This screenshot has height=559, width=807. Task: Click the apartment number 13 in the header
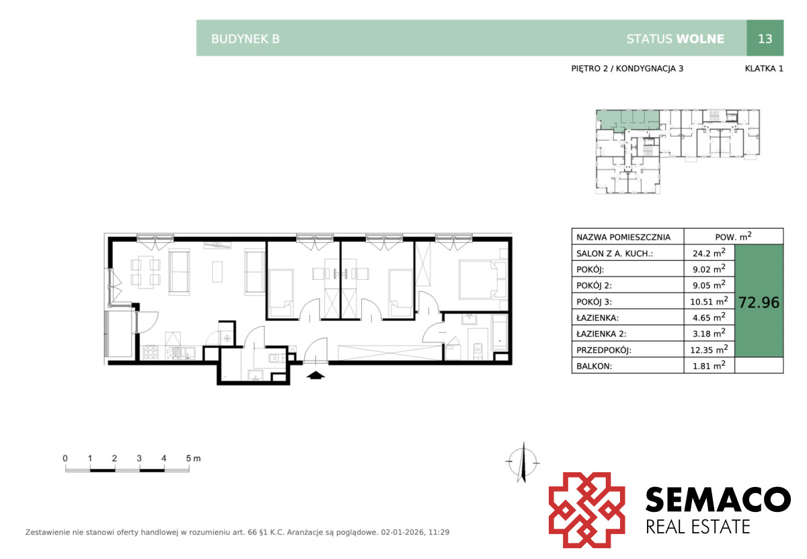pos(765,38)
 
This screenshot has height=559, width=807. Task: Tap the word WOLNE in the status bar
pos(700,39)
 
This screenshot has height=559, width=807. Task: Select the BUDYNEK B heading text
pos(245,39)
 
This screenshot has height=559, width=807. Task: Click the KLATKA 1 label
pos(764,69)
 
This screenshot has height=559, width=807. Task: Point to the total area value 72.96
pos(759,303)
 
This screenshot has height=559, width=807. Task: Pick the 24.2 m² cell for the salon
pos(709,253)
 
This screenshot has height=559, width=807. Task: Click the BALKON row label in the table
pos(594,366)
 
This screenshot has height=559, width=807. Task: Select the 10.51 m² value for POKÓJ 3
pos(709,301)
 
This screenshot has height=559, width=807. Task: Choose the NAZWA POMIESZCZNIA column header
pos(623,237)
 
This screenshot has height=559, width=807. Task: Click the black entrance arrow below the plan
pos(315,375)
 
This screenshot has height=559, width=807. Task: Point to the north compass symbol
pos(523,461)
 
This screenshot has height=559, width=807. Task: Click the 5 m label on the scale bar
pos(193,459)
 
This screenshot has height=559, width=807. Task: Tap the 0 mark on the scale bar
pos(65,458)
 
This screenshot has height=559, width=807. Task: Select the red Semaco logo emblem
pos(586,510)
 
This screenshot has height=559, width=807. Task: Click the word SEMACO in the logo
pos(718,499)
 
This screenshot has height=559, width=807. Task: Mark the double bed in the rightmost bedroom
pos(483,280)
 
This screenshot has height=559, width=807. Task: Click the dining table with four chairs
pos(145,272)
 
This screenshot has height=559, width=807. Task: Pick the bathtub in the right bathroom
pos(499,332)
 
